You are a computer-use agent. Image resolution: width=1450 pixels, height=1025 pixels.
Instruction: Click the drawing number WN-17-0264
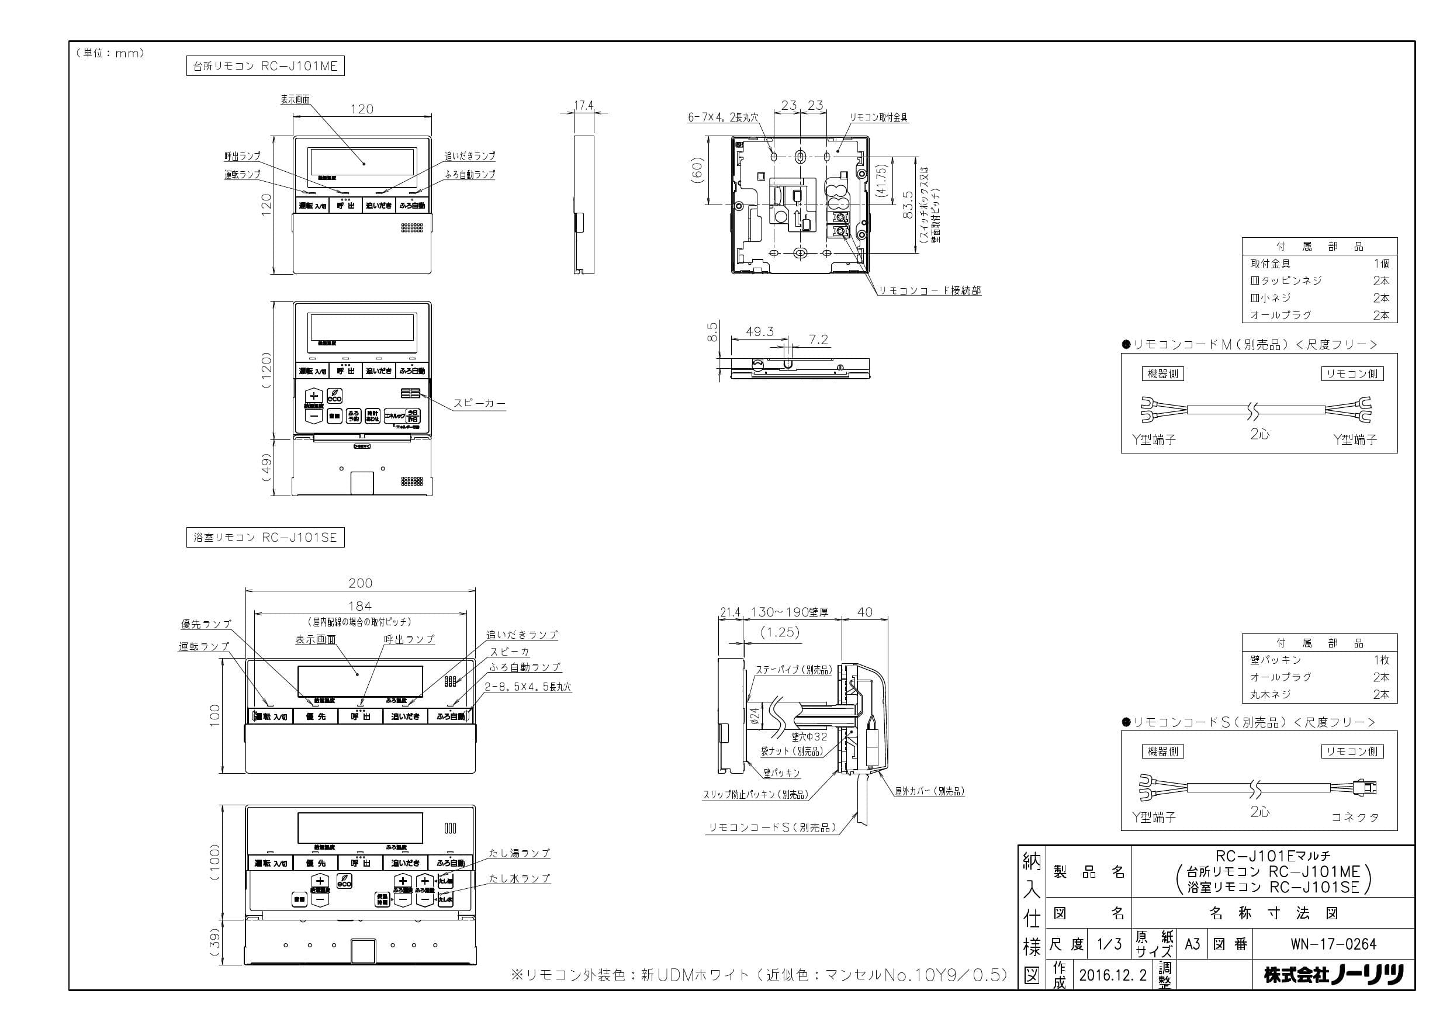tap(1333, 944)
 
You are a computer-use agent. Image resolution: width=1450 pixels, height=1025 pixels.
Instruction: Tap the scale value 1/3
tap(1108, 944)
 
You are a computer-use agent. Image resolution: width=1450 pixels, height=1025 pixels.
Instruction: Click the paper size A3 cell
tap(1192, 944)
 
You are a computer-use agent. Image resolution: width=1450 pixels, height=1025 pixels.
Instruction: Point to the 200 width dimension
tap(360, 583)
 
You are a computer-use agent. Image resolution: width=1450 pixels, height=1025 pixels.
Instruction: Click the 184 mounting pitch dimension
tap(360, 606)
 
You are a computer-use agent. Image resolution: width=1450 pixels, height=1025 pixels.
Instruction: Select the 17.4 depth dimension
tap(583, 105)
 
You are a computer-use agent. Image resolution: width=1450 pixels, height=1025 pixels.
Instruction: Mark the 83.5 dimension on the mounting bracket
tap(908, 205)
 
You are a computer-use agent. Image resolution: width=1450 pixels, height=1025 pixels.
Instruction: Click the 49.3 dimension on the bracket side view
tap(759, 331)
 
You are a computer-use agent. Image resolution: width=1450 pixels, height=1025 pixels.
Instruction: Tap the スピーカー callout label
tap(479, 403)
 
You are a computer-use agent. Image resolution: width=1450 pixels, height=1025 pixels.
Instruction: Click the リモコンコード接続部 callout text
tap(930, 290)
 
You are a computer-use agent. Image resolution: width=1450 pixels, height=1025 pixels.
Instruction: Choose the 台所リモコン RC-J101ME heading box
tap(265, 65)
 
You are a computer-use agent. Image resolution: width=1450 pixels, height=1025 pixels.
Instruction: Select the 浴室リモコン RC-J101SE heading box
tap(265, 538)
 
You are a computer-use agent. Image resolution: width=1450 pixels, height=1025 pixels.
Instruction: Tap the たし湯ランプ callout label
tap(519, 853)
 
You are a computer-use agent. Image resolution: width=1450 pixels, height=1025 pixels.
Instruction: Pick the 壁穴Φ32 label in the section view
tap(809, 736)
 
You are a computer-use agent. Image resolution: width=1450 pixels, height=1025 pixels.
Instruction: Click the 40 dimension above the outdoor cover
tap(864, 612)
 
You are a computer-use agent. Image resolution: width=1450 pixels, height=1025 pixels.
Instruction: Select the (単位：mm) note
tap(110, 53)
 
